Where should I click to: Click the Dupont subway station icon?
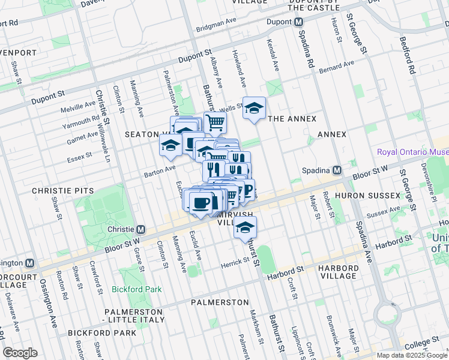(x=298, y=22)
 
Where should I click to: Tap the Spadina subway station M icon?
(x=337, y=170)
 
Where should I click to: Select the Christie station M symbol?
(x=141, y=229)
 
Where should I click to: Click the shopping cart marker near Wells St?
(x=215, y=123)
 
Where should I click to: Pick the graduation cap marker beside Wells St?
(x=254, y=109)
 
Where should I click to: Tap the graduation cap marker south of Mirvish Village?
(x=245, y=227)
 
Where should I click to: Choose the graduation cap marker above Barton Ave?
(x=170, y=146)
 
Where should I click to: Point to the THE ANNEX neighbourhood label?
(x=292, y=119)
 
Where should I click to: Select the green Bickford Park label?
(x=136, y=289)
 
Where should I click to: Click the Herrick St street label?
(x=234, y=262)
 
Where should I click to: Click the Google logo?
(x=20, y=353)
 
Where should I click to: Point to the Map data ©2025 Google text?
(x=411, y=355)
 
